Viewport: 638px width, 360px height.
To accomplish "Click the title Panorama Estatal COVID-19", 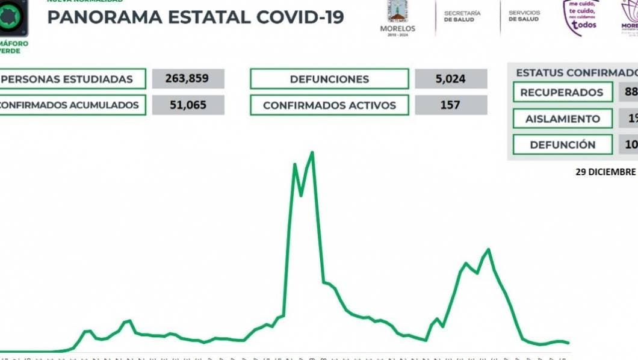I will point(195,17).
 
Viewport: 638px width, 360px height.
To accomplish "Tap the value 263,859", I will point(188,79).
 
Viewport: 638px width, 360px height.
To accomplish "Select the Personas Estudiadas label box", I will point(72,79).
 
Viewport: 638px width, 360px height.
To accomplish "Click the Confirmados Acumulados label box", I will point(72,105).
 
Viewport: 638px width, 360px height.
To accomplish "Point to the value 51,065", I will point(188,105).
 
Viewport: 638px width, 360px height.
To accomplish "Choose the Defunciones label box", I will point(329,79).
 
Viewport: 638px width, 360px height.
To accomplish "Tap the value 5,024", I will point(451,79).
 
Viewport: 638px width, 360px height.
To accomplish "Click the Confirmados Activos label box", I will point(329,105).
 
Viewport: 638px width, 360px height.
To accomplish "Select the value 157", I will point(451,105).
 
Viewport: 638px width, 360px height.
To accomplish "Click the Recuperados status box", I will point(562,92).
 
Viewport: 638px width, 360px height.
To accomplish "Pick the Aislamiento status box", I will point(562,119).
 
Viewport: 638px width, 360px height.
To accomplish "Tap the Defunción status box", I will point(562,145).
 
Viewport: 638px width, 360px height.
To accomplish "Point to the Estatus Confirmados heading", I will point(575,72).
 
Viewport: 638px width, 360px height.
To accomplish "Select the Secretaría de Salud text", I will point(462,16).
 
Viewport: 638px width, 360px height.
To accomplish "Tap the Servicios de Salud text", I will point(524,16).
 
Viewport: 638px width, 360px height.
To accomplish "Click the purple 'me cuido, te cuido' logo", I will point(580,17).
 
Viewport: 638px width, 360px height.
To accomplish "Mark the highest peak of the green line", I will point(312,152).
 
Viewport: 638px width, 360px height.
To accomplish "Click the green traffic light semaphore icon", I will point(13,18).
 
